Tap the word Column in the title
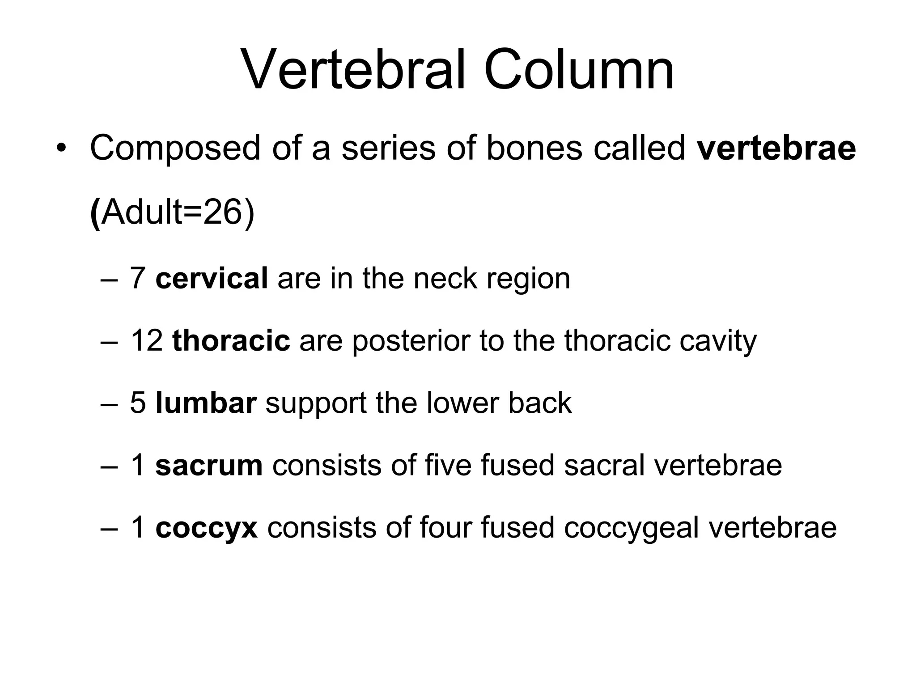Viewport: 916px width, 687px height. coord(579,71)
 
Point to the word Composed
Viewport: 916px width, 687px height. coord(175,148)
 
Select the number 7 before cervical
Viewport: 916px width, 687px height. coord(138,278)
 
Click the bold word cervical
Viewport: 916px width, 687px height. coord(212,278)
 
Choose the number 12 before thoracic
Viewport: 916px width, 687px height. coord(146,340)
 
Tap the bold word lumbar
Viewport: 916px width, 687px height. coord(206,403)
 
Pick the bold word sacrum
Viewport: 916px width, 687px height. coord(209,465)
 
